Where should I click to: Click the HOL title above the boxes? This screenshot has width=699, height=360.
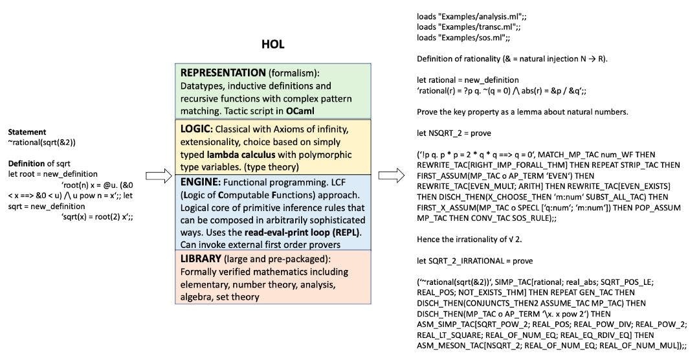(x=272, y=45)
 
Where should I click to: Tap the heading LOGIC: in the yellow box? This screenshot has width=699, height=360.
(x=198, y=129)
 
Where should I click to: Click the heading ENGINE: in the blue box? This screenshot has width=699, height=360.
(x=201, y=183)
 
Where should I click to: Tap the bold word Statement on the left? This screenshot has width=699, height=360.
(x=27, y=132)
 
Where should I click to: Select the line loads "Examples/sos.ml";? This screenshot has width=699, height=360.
(x=459, y=38)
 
